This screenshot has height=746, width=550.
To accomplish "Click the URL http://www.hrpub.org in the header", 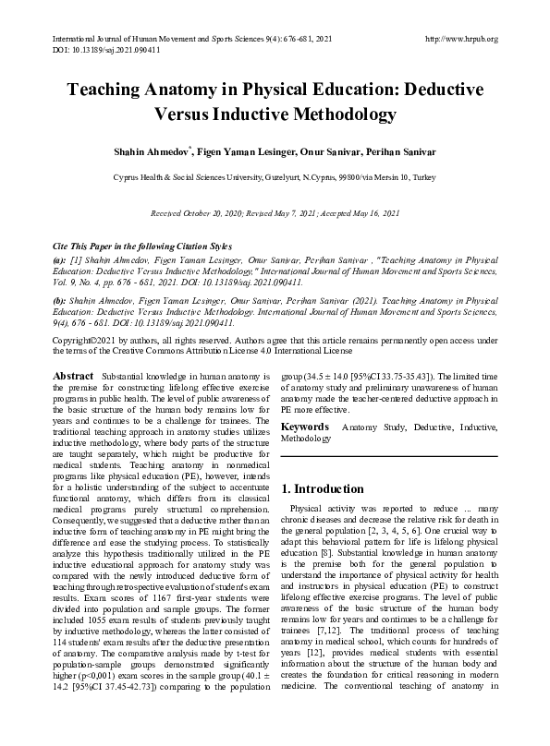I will (459, 39).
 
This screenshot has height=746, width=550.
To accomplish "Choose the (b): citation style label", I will (60, 301).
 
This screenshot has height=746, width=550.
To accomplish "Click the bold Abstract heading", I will (73, 377).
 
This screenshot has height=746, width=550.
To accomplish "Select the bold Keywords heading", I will (305, 427).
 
